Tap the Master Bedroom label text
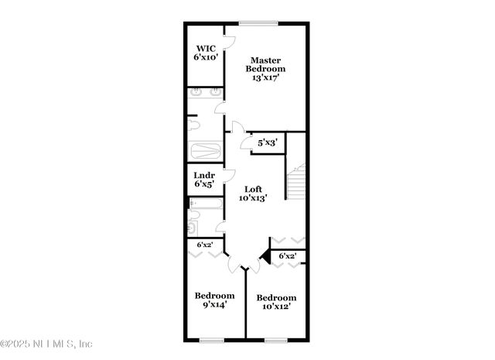pyautogui.click(x=263, y=64)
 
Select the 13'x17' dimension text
pyautogui.click(x=263, y=77)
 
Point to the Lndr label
pyautogui.click(x=205, y=176)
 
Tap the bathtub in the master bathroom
pyautogui.click(x=207, y=150)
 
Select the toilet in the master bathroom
pyautogui.click(x=194, y=125)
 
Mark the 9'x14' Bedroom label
pyautogui.click(x=214, y=300)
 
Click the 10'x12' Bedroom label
pyautogui.click(x=276, y=303)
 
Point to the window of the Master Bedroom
pyautogui.click(x=256, y=22)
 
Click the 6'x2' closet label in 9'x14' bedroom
pyautogui.click(x=205, y=245)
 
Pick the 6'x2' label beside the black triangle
pyautogui.click(x=288, y=255)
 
